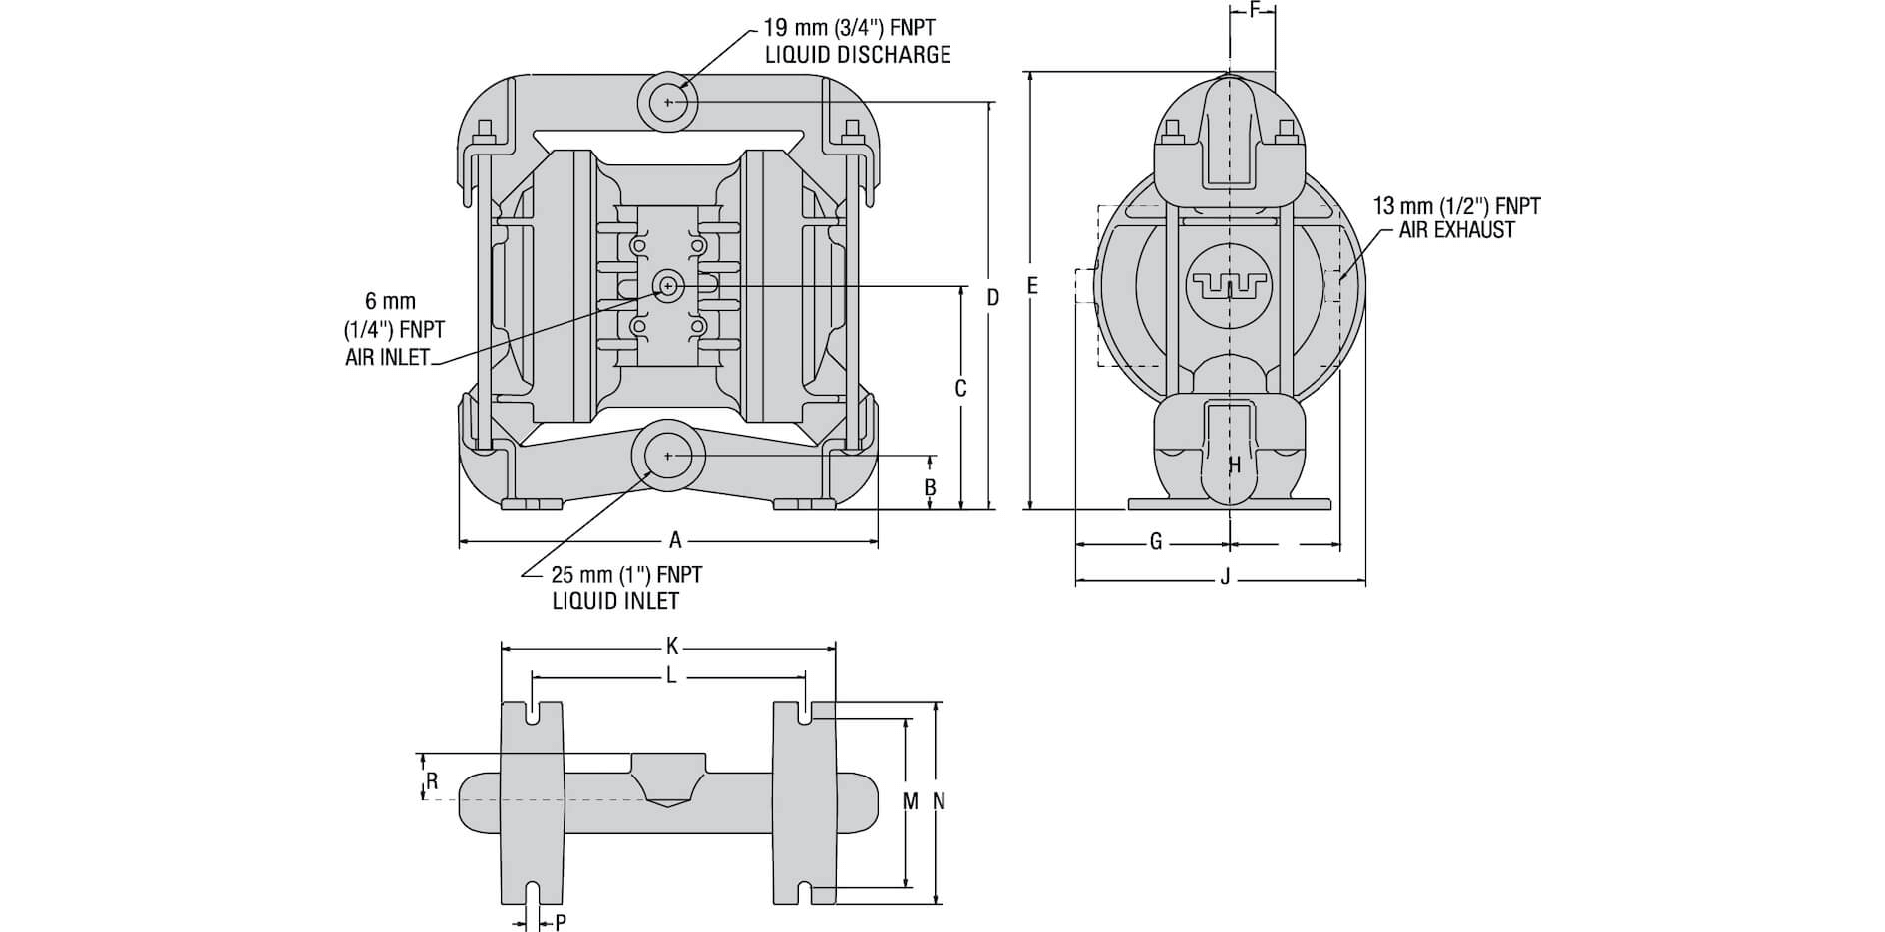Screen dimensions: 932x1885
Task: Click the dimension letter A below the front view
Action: (x=675, y=541)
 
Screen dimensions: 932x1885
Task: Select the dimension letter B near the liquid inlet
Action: (x=931, y=487)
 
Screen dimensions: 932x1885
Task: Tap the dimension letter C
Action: (x=960, y=389)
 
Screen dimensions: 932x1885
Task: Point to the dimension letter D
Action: (x=992, y=297)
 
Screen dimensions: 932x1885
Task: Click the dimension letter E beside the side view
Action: (x=1032, y=287)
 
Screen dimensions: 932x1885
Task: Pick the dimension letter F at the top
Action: (x=1255, y=11)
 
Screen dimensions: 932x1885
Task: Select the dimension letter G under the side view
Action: (x=1156, y=542)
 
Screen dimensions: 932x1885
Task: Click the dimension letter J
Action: (x=1226, y=578)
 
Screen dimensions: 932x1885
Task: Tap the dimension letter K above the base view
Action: (x=672, y=647)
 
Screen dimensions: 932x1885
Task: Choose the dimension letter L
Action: (x=671, y=676)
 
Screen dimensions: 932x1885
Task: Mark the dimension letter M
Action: (x=910, y=801)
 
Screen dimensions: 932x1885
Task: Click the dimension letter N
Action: (x=939, y=801)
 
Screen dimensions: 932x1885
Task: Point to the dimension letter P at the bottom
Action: (x=561, y=922)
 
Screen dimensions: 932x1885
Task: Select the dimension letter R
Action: (x=432, y=781)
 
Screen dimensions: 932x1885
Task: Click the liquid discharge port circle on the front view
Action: (x=667, y=102)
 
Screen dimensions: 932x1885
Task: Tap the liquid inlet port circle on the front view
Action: (x=668, y=456)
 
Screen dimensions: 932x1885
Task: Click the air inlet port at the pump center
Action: (x=665, y=286)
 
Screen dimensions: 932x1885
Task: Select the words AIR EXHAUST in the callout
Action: (x=1456, y=230)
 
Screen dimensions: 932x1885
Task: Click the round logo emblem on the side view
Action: (x=1228, y=285)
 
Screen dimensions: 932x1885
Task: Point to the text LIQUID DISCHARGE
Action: (x=857, y=55)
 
